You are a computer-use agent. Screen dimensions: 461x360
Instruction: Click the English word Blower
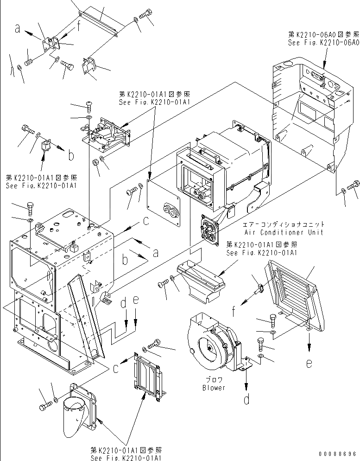click(x=214, y=388)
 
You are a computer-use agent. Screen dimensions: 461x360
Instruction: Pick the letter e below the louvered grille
click(x=309, y=363)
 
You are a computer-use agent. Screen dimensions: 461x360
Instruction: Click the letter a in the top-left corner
click(x=17, y=29)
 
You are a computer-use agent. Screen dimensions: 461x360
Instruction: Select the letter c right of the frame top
click(x=145, y=222)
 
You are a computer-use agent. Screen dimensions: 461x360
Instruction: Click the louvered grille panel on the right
click(x=292, y=292)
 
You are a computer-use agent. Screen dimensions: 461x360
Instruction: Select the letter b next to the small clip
click(x=70, y=156)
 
